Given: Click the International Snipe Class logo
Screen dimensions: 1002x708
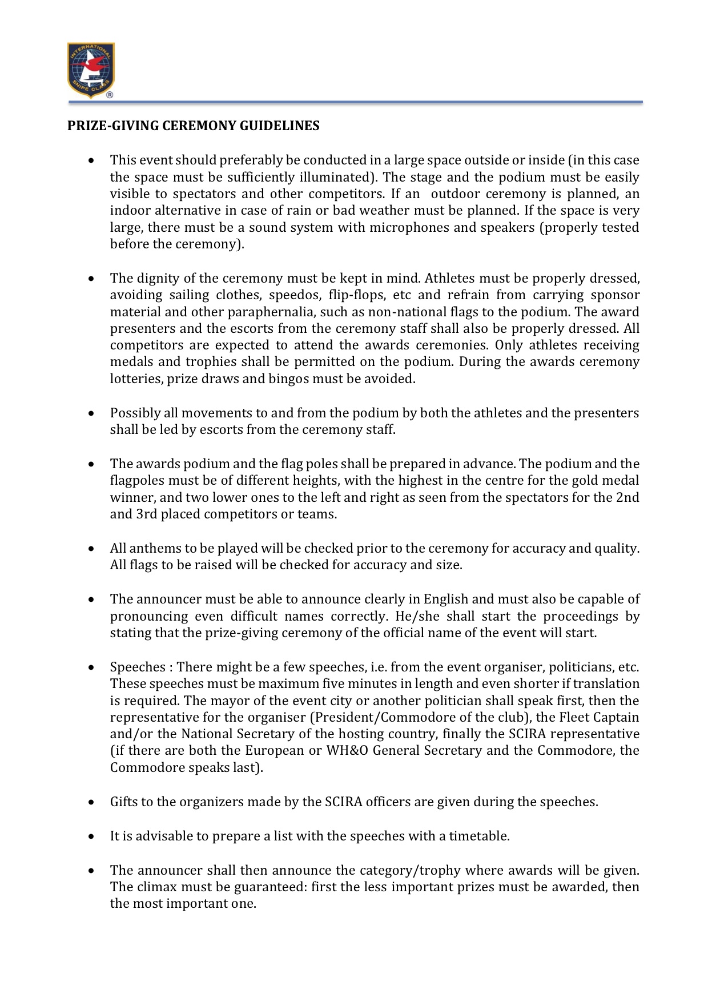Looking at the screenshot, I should tap(91, 69).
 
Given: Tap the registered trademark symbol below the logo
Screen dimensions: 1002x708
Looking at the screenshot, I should tap(110, 95).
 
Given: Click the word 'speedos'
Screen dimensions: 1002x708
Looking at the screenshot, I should tap(289, 295).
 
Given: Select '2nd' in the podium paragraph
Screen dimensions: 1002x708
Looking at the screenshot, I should tap(627, 497).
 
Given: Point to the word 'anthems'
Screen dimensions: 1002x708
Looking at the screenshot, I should tap(152, 548).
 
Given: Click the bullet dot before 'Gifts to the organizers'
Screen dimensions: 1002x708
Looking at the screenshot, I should tap(91, 802).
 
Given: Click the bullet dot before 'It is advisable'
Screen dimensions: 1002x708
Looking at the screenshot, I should tap(91, 836).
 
